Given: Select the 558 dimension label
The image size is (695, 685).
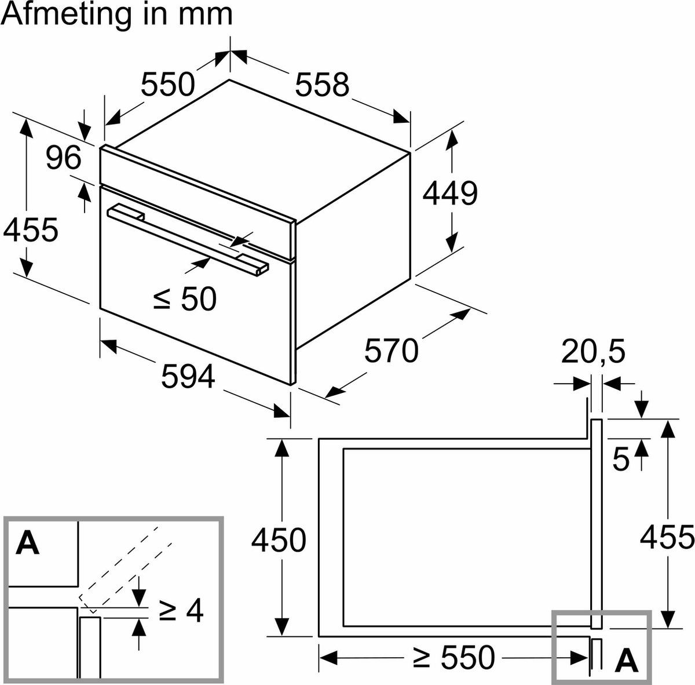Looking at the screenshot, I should [x=322, y=85].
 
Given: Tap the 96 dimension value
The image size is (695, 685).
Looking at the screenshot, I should [x=64, y=158].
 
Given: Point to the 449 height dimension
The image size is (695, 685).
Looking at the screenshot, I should [x=449, y=194].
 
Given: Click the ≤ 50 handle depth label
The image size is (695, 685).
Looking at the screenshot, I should [x=185, y=299].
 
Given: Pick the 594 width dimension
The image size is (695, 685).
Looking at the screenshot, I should [x=188, y=377].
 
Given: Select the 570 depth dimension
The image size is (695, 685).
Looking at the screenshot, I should [x=391, y=351].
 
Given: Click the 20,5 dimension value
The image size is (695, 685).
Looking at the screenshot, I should [x=594, y=352].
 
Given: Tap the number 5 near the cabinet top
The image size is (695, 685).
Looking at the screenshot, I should [x=620, y=460].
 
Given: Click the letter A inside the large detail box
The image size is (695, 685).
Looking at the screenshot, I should [x=28, y=543].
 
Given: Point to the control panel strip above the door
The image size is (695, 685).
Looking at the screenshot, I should [x=197, y=185].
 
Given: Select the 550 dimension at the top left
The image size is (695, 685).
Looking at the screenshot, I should [x=168, y=85].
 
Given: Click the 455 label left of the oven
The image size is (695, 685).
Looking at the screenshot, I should [x=30, y=230].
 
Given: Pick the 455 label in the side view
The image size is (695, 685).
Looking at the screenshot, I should [x=667, y=538].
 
